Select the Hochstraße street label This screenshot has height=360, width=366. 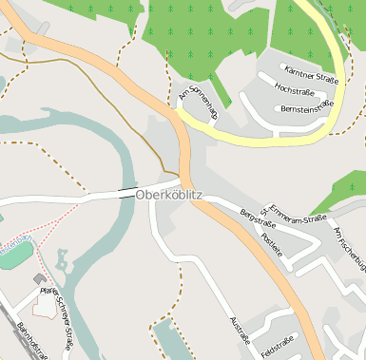[x=294, y=89]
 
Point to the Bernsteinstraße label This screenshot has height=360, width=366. [x=308, y=107]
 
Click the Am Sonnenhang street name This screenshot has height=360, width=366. [x=198, y=98]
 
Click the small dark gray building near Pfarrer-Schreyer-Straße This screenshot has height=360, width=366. [x=39, y=279]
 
